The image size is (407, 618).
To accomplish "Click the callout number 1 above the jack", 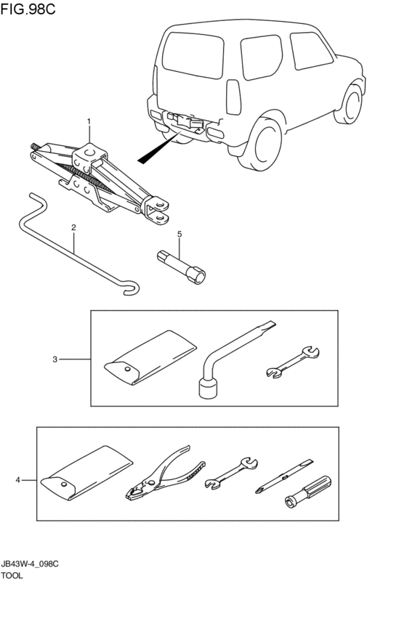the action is pyautogui.click(x=89, y=121).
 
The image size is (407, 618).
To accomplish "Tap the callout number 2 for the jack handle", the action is pyautogui.click(x=73, y=227).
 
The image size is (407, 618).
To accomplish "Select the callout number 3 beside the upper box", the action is pyautogui.click(x=55, y=359).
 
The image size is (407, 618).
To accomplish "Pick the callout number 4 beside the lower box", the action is pyautogui.click(x=17, y=480).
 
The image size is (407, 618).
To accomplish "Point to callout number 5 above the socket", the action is pyautogui.click(x=180, y=234).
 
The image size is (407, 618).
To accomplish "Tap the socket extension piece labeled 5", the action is pyautogui.click(x=182, y=267).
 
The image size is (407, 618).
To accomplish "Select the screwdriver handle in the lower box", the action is pyautogui.click(x=308, y=491).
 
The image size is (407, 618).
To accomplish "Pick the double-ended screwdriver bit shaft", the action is pyautogui.click(x=284, y=476).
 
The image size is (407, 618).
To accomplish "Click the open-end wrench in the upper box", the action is pyautogui.click(x=293, y=362).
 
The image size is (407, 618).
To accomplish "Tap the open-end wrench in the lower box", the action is pyautogui.click(x=231, y=473).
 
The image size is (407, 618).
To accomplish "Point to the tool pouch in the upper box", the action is pyautogui.click(x=150, y=357).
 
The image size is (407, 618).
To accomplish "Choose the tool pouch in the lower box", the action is pyautogui.click(x=87, y=473).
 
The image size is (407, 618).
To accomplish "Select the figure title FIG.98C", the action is pyautogui.click(x=28, y=9).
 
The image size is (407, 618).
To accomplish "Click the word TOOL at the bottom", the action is pyautogui.click(x=12, y=575).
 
